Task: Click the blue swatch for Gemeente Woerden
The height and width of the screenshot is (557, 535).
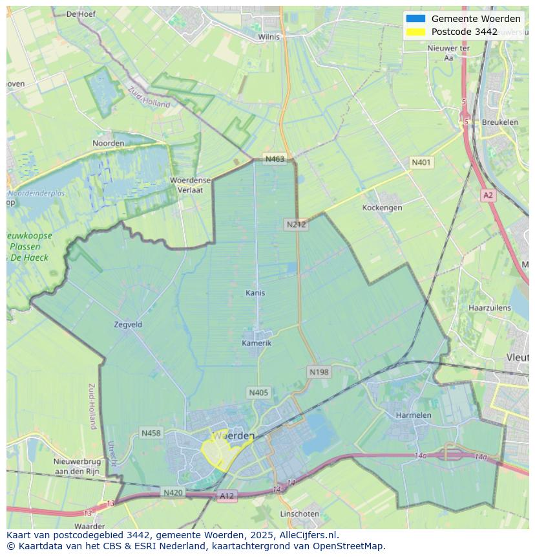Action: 415,19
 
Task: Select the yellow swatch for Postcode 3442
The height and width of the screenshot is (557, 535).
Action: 415,32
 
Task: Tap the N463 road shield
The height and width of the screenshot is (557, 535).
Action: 274,159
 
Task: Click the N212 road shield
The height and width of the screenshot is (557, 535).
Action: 296,224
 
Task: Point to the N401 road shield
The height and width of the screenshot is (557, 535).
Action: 421,162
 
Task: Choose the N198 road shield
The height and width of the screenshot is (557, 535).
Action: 319,372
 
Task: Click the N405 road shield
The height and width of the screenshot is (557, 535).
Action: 258,393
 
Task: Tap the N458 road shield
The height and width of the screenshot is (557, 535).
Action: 151,433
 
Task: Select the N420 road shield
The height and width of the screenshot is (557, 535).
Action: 173,493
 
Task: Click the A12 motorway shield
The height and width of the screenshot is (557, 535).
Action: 227,496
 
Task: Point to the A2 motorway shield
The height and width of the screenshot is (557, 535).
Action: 488,195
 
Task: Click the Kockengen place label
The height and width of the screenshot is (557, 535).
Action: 383,208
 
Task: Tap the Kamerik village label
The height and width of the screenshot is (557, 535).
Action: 257,343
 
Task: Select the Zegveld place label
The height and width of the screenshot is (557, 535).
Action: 127,325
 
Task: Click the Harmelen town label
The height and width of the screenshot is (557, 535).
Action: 414,415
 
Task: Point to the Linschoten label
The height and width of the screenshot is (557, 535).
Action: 299,514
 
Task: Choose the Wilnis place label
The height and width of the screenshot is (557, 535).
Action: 269,37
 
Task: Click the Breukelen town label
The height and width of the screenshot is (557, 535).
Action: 499,122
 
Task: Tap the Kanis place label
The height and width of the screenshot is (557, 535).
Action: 255,293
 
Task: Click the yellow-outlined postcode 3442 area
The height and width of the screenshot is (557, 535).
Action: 218,452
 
